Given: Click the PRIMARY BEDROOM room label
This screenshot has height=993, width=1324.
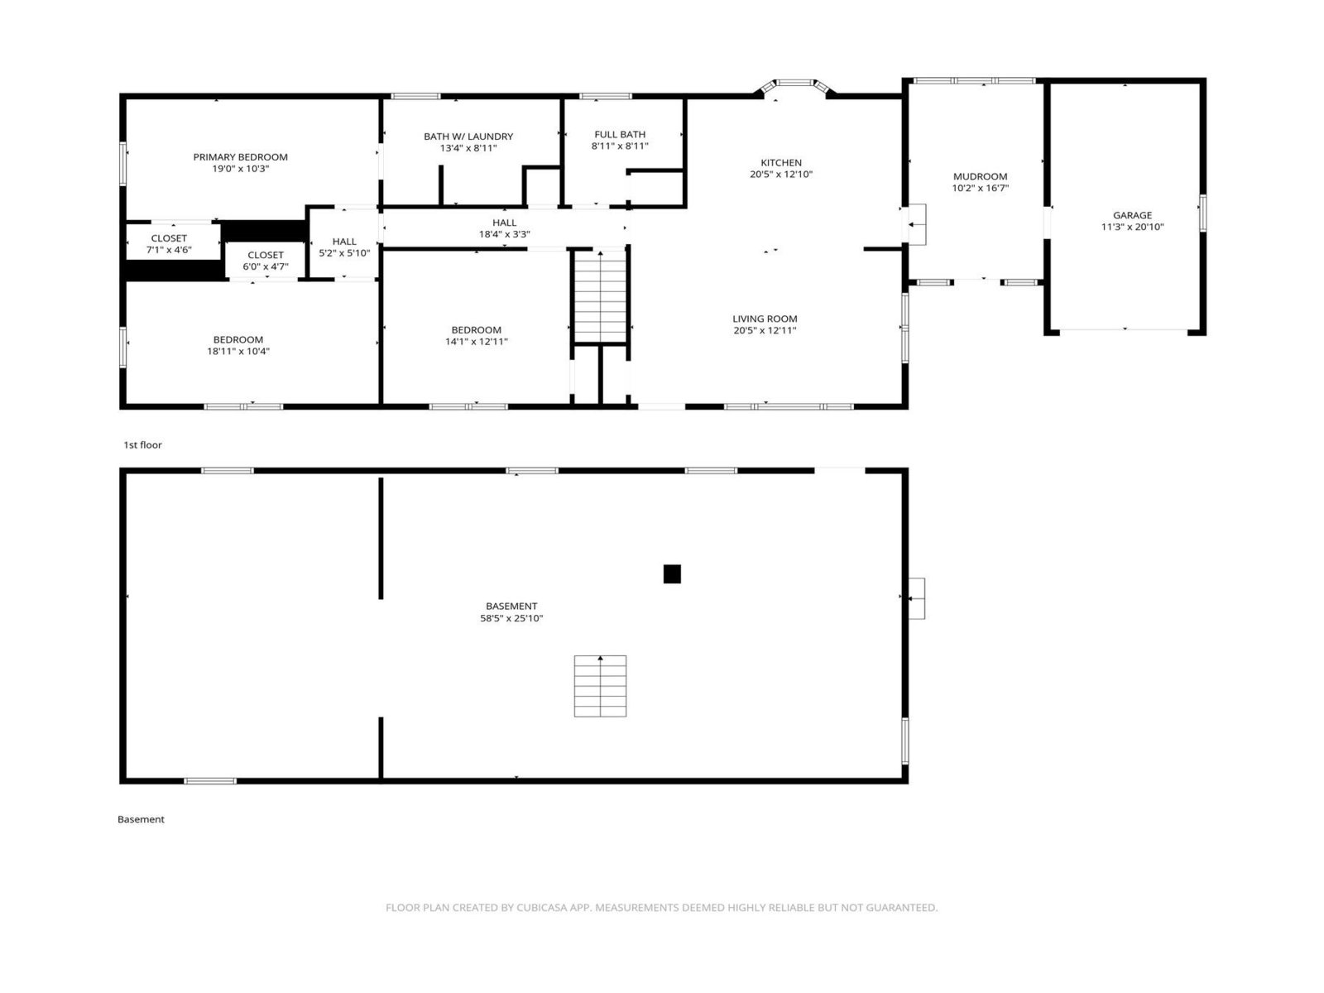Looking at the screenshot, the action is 240,157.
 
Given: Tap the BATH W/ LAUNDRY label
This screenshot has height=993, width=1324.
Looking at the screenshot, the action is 468,137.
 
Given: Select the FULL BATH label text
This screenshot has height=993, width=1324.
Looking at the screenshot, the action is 620,134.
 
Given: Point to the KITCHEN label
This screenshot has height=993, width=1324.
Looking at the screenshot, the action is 780,163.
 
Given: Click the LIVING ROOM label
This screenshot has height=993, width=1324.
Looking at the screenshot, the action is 765,319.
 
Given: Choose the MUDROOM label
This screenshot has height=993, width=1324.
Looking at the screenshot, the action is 980,176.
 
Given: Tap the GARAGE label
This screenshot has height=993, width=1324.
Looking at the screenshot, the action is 1132,215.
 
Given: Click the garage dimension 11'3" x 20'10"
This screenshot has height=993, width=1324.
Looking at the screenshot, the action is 1132,228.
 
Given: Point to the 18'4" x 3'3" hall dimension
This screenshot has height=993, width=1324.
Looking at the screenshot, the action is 504,234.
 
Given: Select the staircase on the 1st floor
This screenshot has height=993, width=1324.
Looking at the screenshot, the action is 600,296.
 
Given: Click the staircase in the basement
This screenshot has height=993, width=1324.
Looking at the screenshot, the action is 600,686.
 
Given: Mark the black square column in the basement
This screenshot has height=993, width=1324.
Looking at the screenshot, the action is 672,574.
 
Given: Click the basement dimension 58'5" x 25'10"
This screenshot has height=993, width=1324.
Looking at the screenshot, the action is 511,619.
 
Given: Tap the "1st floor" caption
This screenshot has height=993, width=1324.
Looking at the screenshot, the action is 143,445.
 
